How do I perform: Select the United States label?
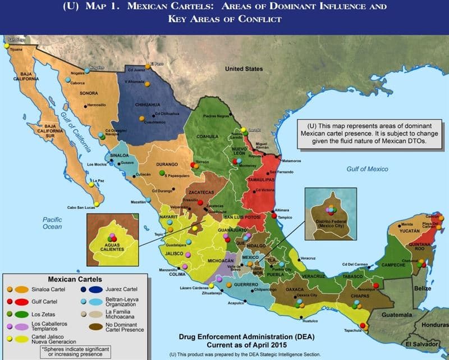244,69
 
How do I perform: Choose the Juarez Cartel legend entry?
122,290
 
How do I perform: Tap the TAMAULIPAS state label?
260,180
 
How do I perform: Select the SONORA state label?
89,93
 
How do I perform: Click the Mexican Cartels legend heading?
75,279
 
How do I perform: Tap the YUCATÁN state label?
410,231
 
